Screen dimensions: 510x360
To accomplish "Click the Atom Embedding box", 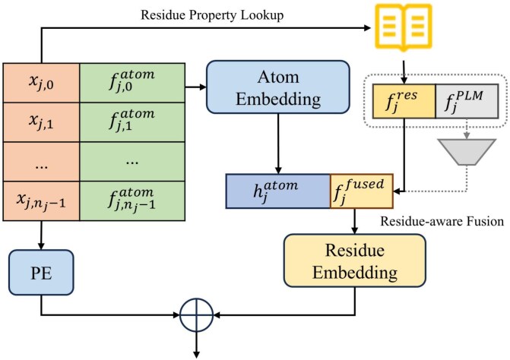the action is coord(278,87).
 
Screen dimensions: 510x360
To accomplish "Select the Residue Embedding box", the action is coord(355,261).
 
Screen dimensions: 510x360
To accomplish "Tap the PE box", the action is coord(41,273).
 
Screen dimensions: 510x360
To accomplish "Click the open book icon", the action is coord(404,27).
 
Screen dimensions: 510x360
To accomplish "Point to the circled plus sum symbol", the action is coord(196,315).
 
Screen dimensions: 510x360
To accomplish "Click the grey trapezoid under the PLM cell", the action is coord(467,152).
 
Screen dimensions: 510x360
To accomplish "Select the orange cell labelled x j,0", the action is coord(41,83).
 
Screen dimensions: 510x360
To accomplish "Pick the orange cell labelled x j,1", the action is coord(41,122).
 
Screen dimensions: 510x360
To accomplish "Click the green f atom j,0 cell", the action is coord(132,83).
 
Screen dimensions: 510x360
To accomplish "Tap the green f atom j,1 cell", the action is coord(132,122).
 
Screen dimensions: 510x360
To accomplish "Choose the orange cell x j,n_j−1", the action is coord(41,201).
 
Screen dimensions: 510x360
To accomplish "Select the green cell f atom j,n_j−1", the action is coord(132,201).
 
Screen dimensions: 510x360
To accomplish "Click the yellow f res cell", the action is coord(404,101).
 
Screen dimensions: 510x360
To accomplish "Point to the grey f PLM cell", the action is coord(467,101).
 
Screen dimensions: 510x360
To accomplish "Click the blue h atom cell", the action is coord(278,191).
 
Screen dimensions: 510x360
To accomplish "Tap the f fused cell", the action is coord(362,191).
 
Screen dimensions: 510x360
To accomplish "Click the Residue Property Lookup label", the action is coord(212,15).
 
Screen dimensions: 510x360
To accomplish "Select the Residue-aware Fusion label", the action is coord(442,221).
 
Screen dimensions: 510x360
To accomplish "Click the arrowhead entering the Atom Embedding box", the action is coord(203,87).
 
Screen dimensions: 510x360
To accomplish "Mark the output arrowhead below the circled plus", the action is coord(196,355).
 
